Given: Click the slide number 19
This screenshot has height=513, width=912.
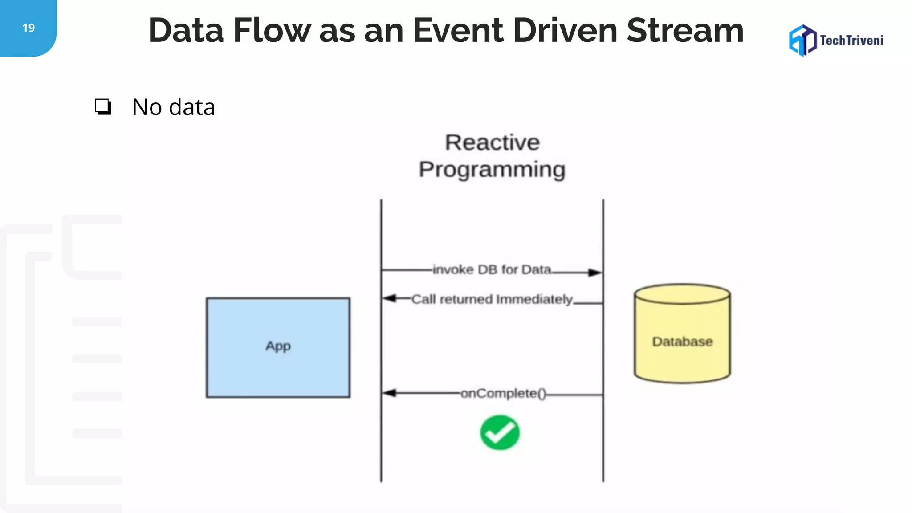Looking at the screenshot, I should (28, 28).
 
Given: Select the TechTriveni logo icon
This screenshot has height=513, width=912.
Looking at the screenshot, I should (802, 41).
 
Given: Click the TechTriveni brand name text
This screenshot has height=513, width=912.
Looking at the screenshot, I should (851, 41).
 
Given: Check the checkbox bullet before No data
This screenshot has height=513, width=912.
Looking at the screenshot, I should (103, 107).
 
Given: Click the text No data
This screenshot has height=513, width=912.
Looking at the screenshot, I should (174, 107).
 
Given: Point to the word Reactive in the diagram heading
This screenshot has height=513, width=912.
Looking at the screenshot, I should (492, 142).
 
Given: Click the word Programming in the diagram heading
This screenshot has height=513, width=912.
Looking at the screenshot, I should (492, 170).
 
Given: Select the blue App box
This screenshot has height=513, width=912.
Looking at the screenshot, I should (278, 347).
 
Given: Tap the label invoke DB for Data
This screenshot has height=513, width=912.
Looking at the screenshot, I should (492, 269).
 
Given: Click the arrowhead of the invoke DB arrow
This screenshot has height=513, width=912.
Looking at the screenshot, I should (595, 273).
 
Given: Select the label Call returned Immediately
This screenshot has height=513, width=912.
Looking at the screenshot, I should (492, 299).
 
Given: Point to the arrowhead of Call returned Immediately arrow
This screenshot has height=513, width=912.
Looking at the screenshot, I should (389, 298).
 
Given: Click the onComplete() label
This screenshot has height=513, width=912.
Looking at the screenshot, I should (503, 393).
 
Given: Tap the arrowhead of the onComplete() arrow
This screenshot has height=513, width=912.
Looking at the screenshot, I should (389, 393).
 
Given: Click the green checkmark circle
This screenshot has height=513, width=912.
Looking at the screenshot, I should (500, 432).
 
